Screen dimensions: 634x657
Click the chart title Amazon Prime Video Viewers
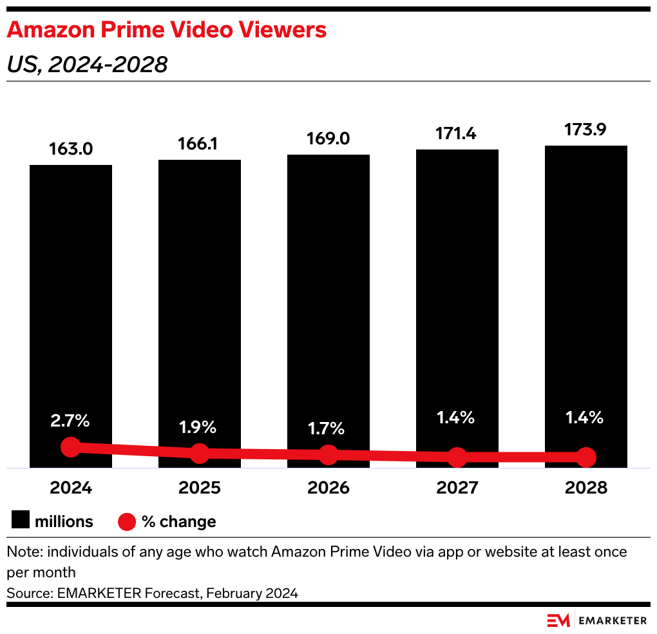click(x=166, y=30)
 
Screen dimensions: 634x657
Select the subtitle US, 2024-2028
click(x=86, y=64)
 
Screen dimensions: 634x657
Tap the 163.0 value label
click(x=71, y=149)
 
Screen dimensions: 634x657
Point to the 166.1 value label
click(x=200, y=144)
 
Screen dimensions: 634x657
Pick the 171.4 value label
click(x=457, y=134)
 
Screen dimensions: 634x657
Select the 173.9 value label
click(x=586, y=130)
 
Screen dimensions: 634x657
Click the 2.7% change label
click(x=71, y=422)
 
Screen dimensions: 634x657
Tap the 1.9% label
click(x=200, y=427)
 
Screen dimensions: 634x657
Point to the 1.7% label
click(x=328, y=428)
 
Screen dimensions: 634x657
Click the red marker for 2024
click(x=71, y=447)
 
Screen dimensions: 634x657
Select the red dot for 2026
click(x=328, y=454)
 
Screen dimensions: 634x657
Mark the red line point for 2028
click(x=586, y=457)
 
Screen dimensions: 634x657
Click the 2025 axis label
click(x=200, y=488)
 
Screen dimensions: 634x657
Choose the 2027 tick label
click(x=457, y=488)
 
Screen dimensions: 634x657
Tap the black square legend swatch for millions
click(x=21, y=521)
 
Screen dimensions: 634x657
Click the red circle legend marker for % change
click(x=128, y=521)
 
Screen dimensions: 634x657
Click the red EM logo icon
click(x=558, y=620)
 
